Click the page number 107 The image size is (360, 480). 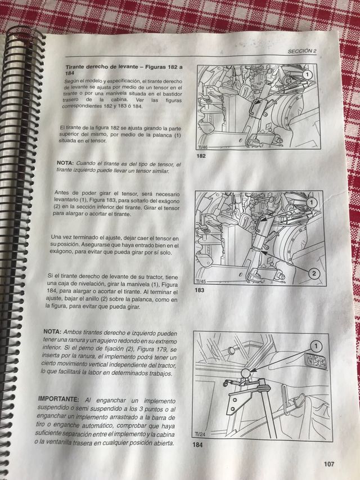[x=328, y=464]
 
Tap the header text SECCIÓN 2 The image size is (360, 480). [x=302, y=51]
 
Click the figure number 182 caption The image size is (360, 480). [x=201, y=156]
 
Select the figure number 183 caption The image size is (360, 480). [x=199, y=290]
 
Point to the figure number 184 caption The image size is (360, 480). [x=197, y=445]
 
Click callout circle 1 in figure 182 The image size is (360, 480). [x=307, y=75]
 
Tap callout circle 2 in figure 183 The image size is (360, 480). [x=314, y=273]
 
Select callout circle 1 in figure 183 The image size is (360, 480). [x=312, y=203]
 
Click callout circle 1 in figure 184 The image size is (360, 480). [x=316, y=347]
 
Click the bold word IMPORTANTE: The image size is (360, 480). [x=58, y=399]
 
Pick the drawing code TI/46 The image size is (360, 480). [x=202, y=147]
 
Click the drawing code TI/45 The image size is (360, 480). [x=200, y=281]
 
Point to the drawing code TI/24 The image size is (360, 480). [x=200, y=434]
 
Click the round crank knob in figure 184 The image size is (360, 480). [x=245, y=374]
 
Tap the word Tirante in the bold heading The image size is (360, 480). [x=75, y=67]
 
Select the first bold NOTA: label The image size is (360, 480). [x=65, y=163]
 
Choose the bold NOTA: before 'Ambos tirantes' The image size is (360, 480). [x=53, y=332]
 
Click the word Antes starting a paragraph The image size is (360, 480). [x=61, y=193]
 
